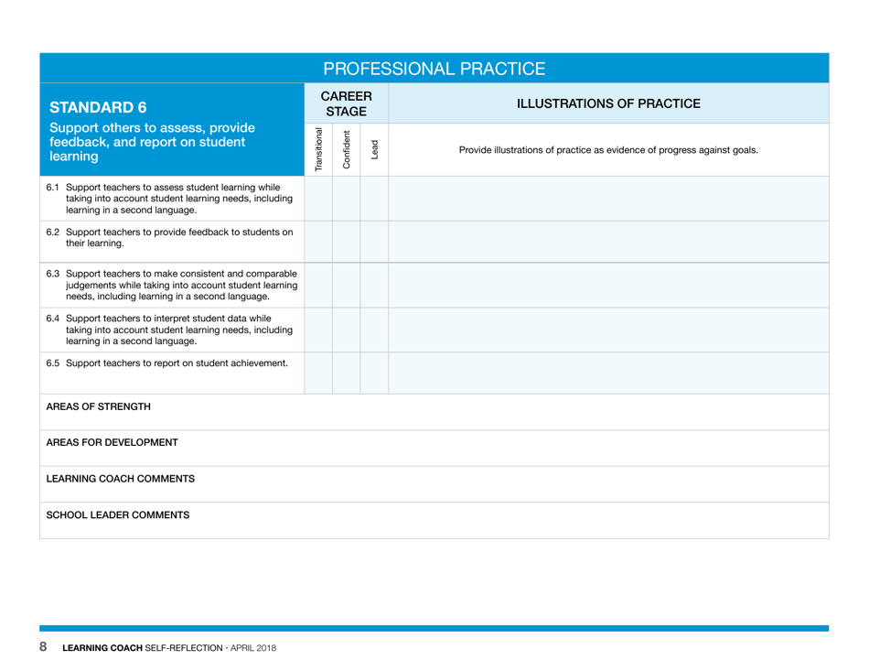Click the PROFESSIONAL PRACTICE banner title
point(434,69)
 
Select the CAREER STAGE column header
point(346,103)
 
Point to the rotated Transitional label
point(318,149)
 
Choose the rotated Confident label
point(346,149)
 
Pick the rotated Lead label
point(374,149)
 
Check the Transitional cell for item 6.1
point(318,198)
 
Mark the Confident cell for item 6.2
point(346,242)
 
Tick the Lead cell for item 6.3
point(374,285)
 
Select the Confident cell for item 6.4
point(346,329)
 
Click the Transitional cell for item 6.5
point(318,372)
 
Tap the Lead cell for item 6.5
point(374,372)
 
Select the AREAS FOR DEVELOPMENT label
point(112,442)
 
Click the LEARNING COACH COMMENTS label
point(120,479)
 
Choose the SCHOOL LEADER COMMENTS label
point(118,514)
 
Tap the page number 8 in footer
point(43,648)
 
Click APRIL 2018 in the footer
point(254,649)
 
